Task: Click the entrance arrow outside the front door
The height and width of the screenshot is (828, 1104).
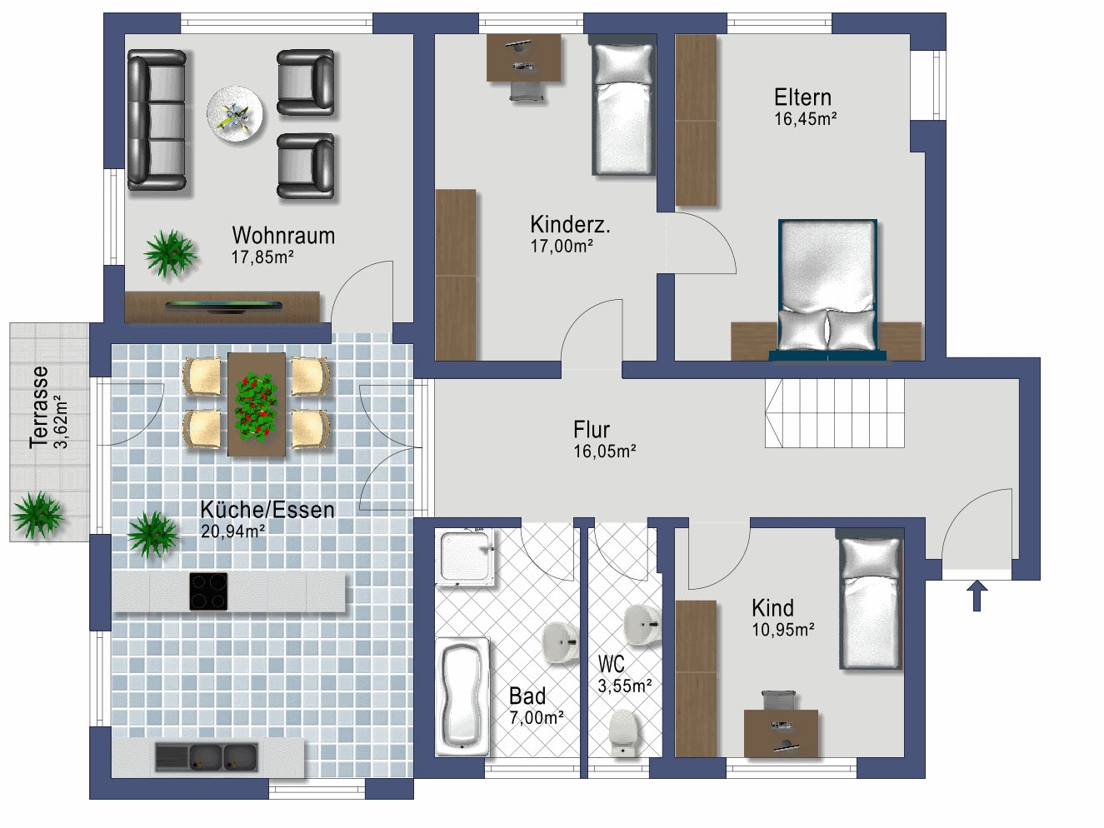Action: coord(977,596)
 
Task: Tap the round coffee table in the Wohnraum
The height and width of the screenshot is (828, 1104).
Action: coord(235,114)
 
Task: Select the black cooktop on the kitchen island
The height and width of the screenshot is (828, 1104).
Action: coord(208,591)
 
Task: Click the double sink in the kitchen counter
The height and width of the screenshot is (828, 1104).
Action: coord(206,757)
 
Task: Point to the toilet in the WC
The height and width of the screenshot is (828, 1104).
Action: coord(624,731)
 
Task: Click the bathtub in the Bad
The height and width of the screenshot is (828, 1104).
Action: coord(462,696)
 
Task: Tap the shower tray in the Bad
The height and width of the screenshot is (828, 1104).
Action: coord(466,557)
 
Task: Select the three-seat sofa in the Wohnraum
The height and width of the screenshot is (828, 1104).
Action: coord(157,120)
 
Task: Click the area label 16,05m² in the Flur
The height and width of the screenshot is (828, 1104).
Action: coord(605,451)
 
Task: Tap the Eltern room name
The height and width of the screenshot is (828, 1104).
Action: coord(802,97)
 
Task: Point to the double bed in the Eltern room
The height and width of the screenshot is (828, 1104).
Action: coord(828,289)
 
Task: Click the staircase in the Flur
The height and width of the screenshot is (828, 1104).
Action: coord(835,412)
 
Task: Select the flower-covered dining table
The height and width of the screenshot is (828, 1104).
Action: coord(257,404)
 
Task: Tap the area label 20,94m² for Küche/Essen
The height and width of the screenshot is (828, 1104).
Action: coord(232,531)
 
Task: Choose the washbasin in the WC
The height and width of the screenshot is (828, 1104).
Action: coord(642,623)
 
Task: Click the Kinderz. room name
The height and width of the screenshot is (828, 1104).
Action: coord(570,224)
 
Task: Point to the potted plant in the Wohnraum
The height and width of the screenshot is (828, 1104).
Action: coord(170,253)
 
